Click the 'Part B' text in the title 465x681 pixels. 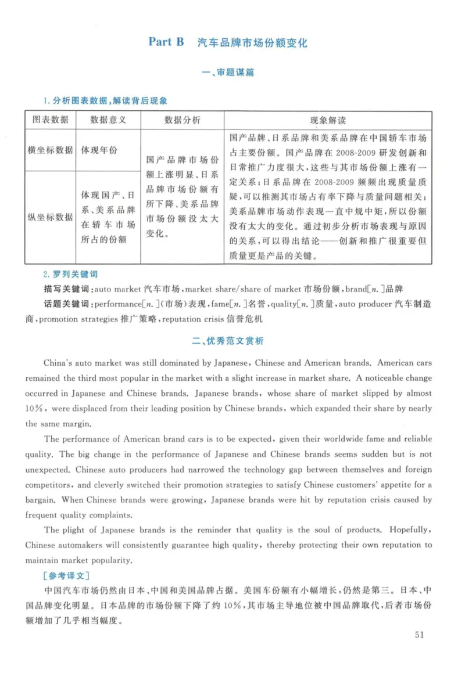click(x=166, y=42)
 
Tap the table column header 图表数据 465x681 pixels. click(x=50, y=120)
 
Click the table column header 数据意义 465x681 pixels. click(x=108, y=120)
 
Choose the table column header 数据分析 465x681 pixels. click(x=183, y=120)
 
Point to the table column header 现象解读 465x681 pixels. click(x=328, y=120)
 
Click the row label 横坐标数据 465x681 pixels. click(x=50, y=150)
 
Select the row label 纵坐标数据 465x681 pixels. click(x=50, y=217)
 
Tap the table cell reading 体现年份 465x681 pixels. click(x=99, y=150)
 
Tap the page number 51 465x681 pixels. click(x=420, y=634)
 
